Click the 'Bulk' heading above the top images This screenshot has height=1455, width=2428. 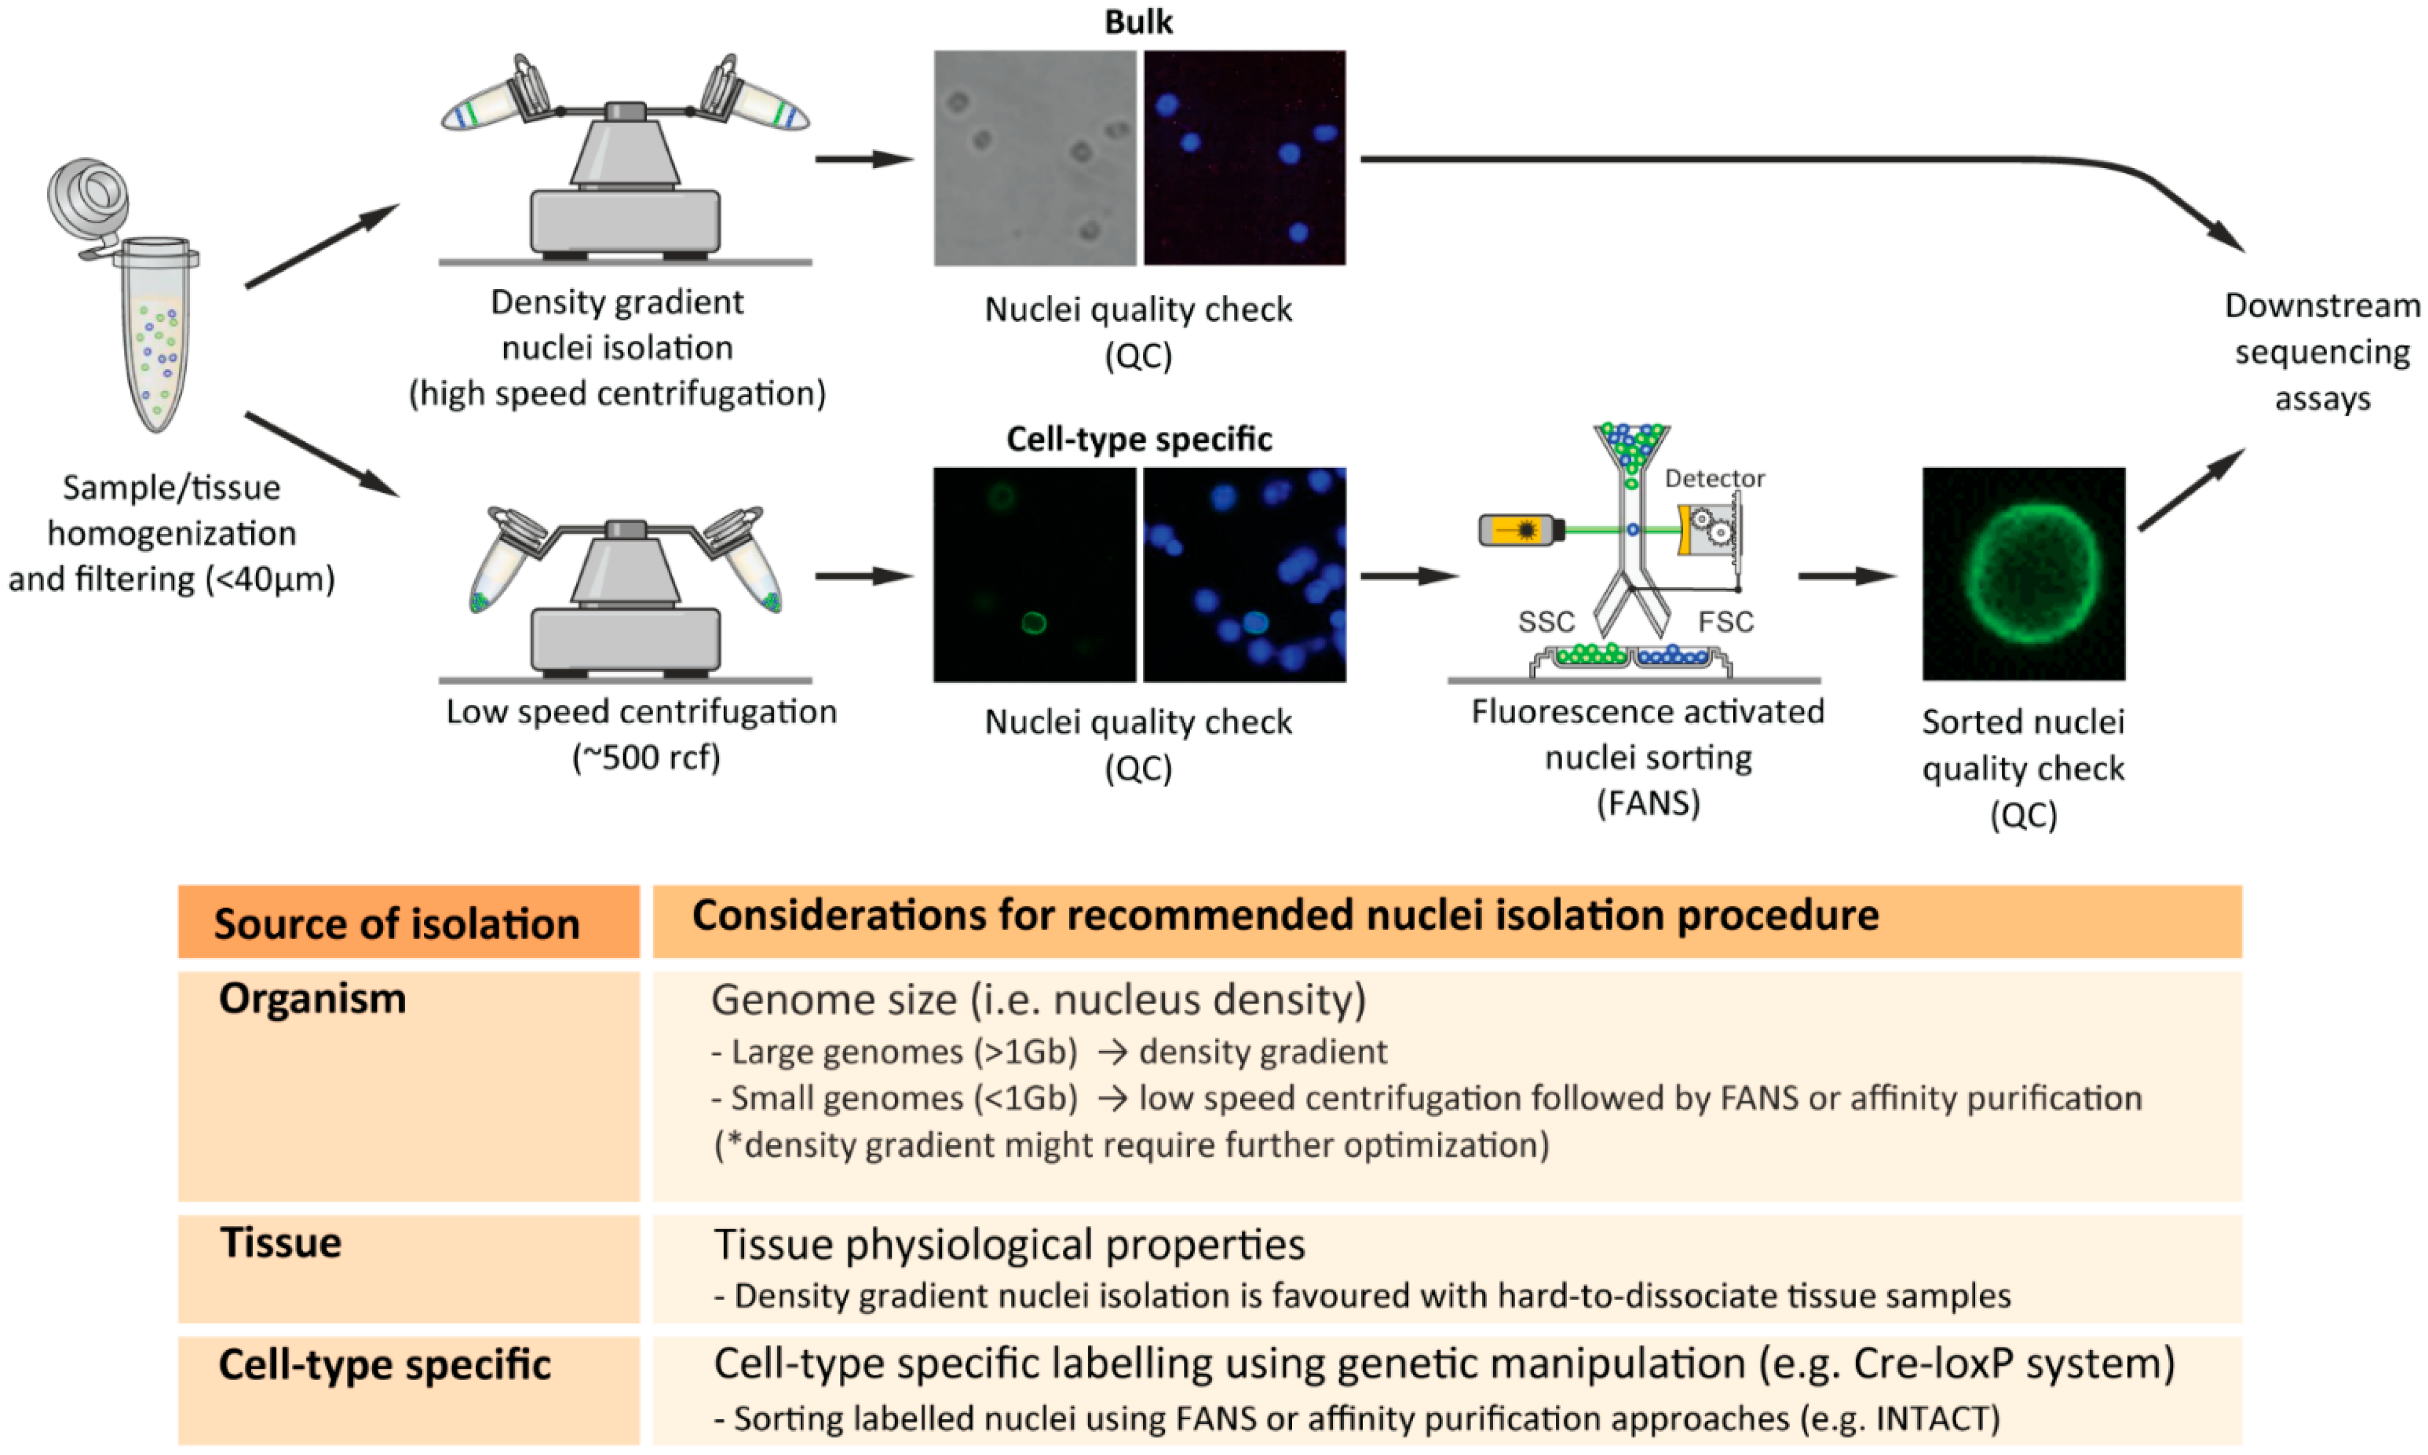(1138, 21)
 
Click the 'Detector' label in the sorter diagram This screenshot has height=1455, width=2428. (1714, 478)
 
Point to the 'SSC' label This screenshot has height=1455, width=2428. (1546, 622)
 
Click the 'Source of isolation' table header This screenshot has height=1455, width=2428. (396, 924)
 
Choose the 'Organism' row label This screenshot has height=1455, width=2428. (312, 998)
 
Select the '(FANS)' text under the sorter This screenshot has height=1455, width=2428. (1647, 803)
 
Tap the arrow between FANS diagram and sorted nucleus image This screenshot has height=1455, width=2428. (1847, 576)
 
